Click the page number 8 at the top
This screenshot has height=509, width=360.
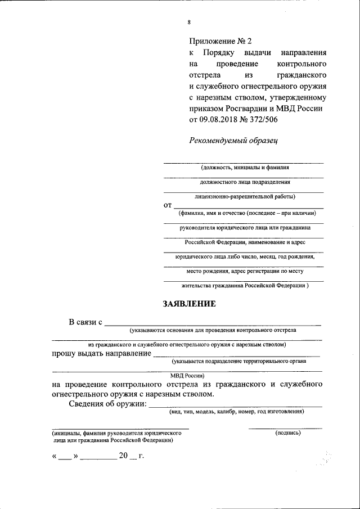(189, 22)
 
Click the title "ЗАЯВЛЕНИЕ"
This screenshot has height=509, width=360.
(189, 304)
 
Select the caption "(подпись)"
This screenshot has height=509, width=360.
(288, 433)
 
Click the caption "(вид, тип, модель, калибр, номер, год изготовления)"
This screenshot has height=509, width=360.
(237, 412)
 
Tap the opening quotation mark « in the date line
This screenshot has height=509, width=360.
(55, 456)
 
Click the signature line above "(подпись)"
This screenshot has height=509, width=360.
(285, 429)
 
